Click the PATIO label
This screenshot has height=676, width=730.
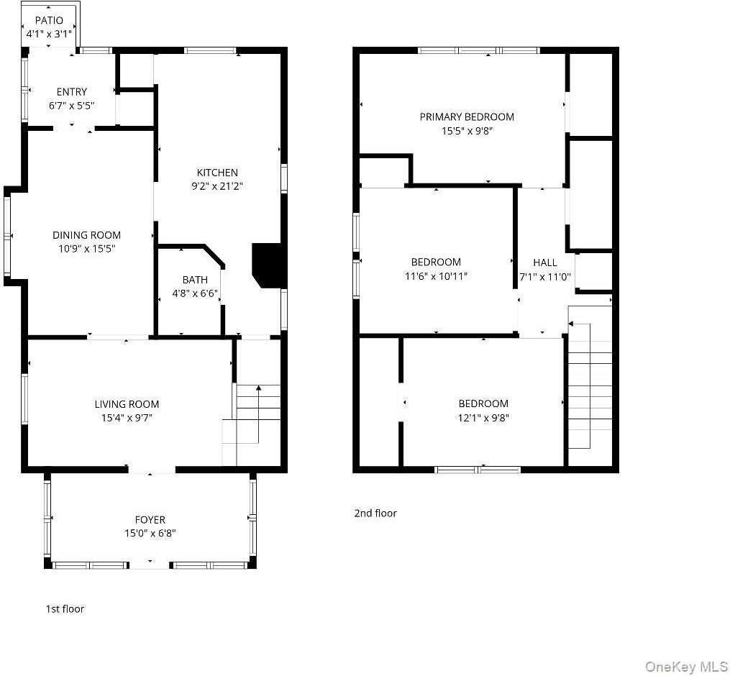click(49, 20)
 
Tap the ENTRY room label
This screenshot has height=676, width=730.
click(72, 91)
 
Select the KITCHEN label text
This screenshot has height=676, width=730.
click(217, 173)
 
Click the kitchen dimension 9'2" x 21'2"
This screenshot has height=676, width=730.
click(217, 186)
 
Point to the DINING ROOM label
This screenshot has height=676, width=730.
click(86, 235)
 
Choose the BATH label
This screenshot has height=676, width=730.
click(195, 280)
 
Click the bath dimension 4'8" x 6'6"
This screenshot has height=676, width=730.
click(195, 293)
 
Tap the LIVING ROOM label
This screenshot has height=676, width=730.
click(127, 404)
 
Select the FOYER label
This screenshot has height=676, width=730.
click(150, 519)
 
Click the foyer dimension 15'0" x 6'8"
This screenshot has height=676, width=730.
click(150, 533)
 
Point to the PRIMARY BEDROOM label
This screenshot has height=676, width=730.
click(467, 117)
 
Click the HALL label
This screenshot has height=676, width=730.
click(544, 262)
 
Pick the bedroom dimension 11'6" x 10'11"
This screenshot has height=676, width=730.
click(436, 275)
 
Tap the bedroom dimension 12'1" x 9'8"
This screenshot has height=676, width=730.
click(483, 417)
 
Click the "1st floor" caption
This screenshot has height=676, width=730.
click(65, 609)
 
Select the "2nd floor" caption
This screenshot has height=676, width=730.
click(375, 513)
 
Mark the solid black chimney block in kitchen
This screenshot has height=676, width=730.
click(268, 265)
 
